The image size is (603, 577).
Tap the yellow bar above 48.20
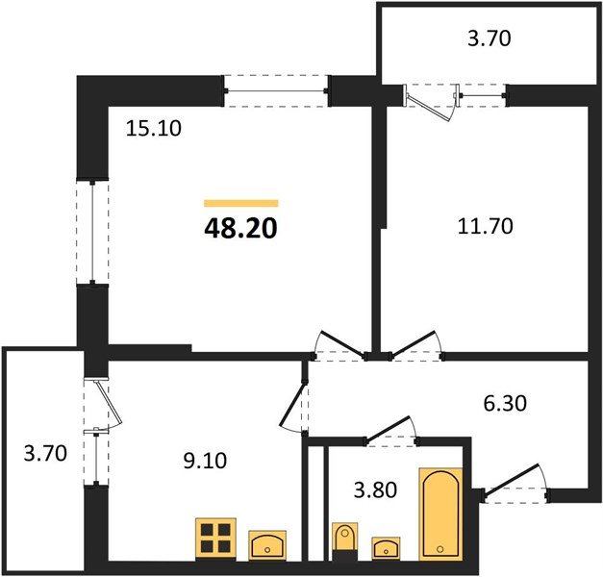pos(240,203)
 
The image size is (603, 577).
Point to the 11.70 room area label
pos(486,227)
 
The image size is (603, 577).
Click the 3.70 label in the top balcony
pos(489,39)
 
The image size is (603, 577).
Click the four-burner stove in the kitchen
pos(215,537)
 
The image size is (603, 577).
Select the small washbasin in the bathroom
pos(387,548)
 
